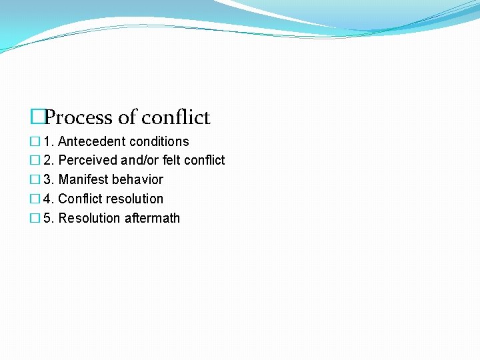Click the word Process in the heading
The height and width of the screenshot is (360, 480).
[x=79, y=118]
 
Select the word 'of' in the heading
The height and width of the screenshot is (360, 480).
[x=127, y=118]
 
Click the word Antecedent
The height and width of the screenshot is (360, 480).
[x=92, y=141]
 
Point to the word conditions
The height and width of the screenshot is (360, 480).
[x=159, y=141]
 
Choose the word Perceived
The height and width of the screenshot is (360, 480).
[x=89, y=161]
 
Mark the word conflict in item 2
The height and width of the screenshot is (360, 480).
[x=205, y=161]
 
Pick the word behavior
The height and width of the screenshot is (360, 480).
[x=137, y=180]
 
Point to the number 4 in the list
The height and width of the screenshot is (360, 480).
[x=47, y=199]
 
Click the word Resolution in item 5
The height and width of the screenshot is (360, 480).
[x=87, y=219]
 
